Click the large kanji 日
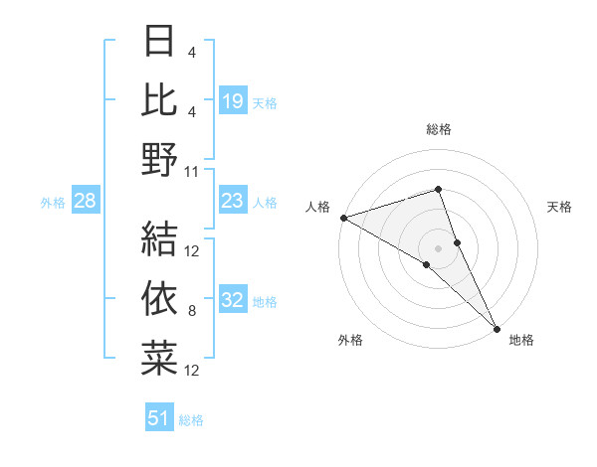(x=159, y=43)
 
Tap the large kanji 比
(x=159, y=100)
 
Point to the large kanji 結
(x=159, y=237)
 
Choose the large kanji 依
(x=159, y=297)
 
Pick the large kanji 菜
(x=159, y=357)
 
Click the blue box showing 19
(x=233, y=100)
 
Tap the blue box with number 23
(x=233, y=202)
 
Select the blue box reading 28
(x=86, y=202)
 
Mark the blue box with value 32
(x=233, y=301)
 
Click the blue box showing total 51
(x=159, y=418)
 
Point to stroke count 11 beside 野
(x=192, y=171)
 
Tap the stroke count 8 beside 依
(x=192, y=311)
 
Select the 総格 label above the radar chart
(x=438, y=129)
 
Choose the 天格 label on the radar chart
(x=559, y=207)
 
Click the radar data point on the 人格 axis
(x=342, y=217)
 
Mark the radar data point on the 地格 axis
(x=497, y=327)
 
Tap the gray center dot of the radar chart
(x=438, y=247)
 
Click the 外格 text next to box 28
(x=53, y=203)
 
